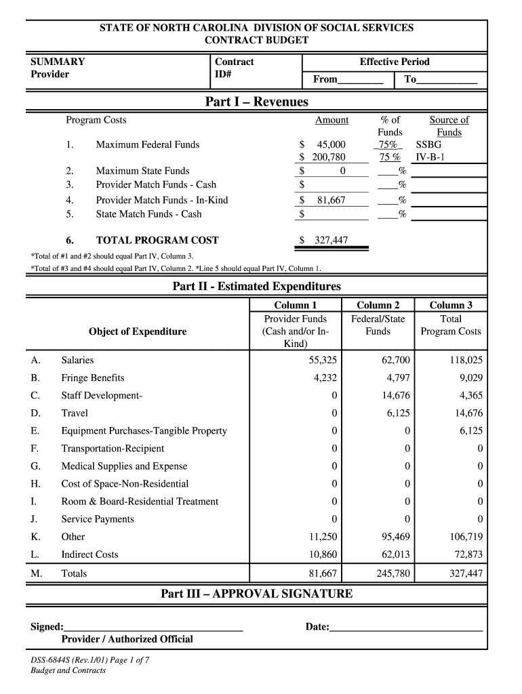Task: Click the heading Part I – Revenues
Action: click(x=256, y=102)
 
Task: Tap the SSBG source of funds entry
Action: click(x=428, y=144)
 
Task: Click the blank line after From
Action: click(x=360, y=80)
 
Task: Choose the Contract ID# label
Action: click(x=234, y=68)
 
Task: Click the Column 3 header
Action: click(x=451, y=305)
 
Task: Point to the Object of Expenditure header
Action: click(x=138, y=331)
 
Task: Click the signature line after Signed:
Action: click(x=153, y=628)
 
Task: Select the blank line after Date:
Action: click(x=405, y=628)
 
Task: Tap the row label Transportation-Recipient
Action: click(x=113, y=448)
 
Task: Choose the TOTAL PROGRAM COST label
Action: click(x=157, y=240)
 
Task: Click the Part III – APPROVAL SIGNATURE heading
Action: click(x=256, y=594)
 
